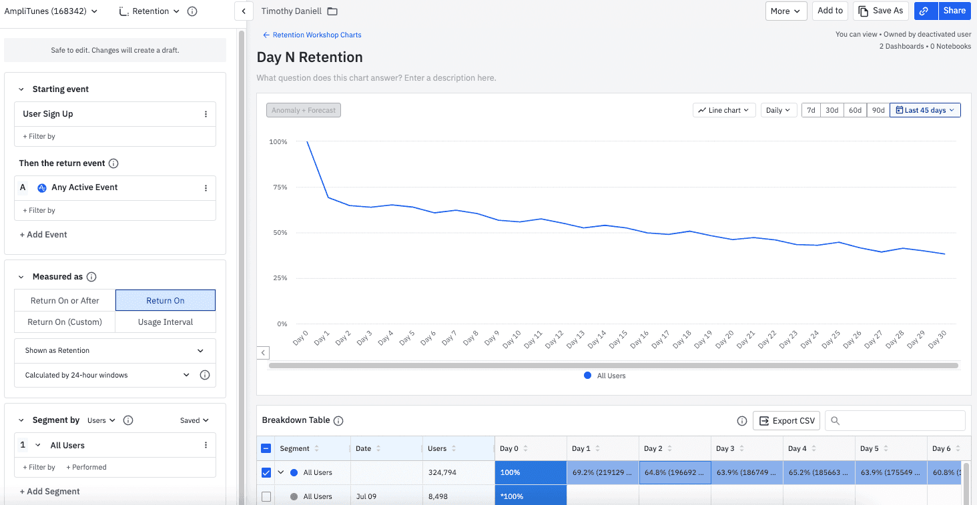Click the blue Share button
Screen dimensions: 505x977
954,11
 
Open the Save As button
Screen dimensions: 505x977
880,11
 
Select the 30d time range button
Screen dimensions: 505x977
832,110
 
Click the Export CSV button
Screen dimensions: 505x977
787,421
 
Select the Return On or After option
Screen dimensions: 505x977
65,301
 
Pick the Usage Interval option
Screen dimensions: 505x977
166,322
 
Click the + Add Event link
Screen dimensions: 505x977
43,235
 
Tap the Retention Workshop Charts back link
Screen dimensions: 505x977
312,35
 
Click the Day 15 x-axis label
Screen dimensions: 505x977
618,339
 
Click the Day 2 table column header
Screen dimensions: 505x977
653,449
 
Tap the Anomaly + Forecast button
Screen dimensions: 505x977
304,110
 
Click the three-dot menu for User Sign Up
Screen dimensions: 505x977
206,114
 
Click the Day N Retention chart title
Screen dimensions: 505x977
310,57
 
